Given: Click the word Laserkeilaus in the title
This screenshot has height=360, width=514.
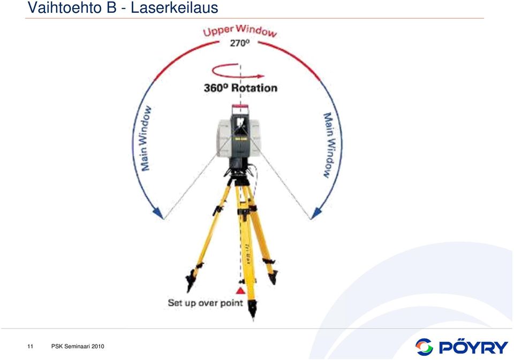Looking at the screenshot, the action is pos(175,7).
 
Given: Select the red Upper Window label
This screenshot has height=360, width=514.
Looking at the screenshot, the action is pos(240,31).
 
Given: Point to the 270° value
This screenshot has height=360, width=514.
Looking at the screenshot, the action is pos(240,43).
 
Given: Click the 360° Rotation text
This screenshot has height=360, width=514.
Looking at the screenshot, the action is pos(240,88).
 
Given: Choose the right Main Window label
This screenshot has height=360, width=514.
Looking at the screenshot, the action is pos(330,145).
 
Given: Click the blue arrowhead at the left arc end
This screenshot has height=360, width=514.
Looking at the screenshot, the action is pos(158,213).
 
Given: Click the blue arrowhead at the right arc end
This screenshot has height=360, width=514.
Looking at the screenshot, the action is pos(316,213).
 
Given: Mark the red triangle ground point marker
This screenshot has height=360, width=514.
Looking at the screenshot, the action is pos(240,290).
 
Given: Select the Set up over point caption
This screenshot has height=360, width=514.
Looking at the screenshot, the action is pos(206,303).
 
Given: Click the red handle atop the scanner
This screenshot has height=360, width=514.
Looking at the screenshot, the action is pos(240,106).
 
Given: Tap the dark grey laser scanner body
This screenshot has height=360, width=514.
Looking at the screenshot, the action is pos(240,137).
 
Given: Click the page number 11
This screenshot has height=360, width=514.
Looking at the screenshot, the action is pos(31,347).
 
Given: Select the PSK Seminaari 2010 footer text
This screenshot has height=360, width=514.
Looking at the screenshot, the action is pos(78,347).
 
